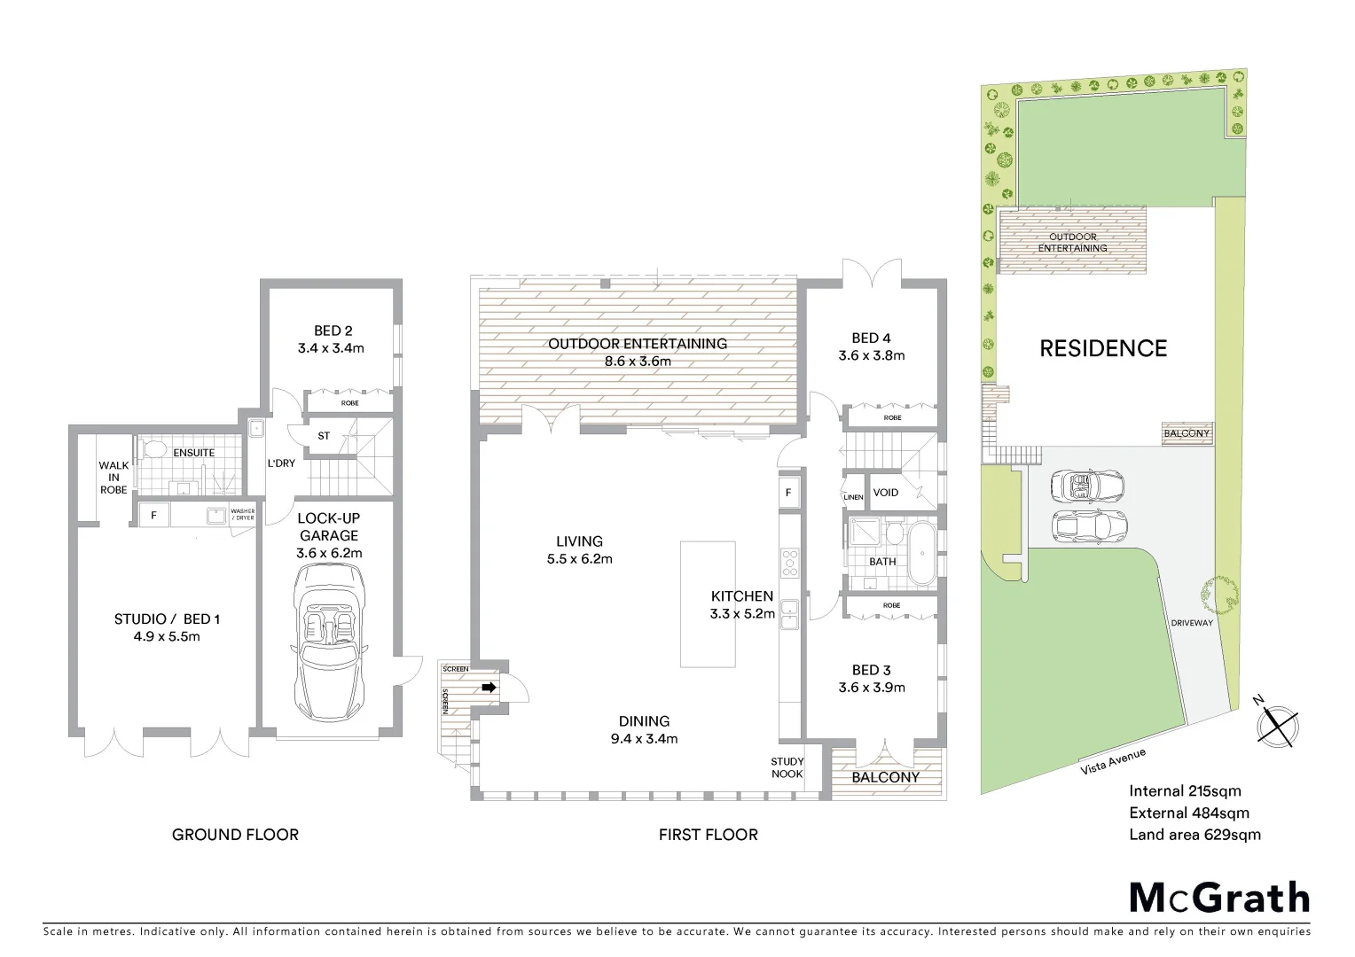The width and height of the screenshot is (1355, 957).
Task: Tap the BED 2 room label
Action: (331, 331)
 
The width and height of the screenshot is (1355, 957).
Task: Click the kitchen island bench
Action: (708, 603)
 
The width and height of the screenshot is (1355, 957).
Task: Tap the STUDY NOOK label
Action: (787, 767)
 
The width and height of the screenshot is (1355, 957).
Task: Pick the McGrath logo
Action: (1218, 898)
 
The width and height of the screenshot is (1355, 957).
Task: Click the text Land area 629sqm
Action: (1194, 834)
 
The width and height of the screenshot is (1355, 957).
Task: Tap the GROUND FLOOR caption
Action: (235, 834)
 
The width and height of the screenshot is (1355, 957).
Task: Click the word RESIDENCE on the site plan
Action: (1102, 348)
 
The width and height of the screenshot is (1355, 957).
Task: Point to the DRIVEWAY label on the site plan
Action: (1191, 622)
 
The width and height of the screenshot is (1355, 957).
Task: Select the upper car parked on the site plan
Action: (1087, 486)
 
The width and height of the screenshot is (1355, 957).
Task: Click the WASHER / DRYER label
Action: (241, 514)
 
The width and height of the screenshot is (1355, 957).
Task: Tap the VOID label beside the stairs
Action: (885, 493)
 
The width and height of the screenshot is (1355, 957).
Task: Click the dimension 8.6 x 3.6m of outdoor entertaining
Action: (637, 362)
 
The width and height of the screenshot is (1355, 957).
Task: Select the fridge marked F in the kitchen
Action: (787, 493)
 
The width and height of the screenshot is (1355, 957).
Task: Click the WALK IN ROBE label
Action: (114, 477)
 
